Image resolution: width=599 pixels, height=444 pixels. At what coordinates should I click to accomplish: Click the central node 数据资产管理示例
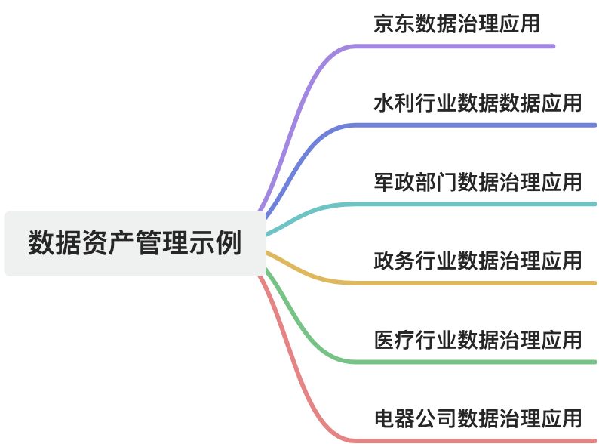pyautogui.click(x=135, y=243)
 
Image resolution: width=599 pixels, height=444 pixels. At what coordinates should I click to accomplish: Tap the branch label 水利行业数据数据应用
pyautogui.click(x=478, y=103)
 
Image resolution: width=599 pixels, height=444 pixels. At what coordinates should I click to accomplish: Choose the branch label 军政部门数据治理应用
pyautogui.click(x=478, y=182)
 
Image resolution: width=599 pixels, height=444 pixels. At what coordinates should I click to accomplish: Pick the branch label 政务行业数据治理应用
pyautogui.click(x=478, y=261)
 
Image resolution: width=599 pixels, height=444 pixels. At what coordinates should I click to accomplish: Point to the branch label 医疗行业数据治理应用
pyautogui.click(x=478, y=340)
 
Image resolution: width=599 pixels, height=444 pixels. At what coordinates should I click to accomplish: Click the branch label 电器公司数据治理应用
pyautogui.click(x=478, y=418)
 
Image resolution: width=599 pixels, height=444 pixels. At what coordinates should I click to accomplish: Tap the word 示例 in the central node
pyautogui.click(x=220, y=243)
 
